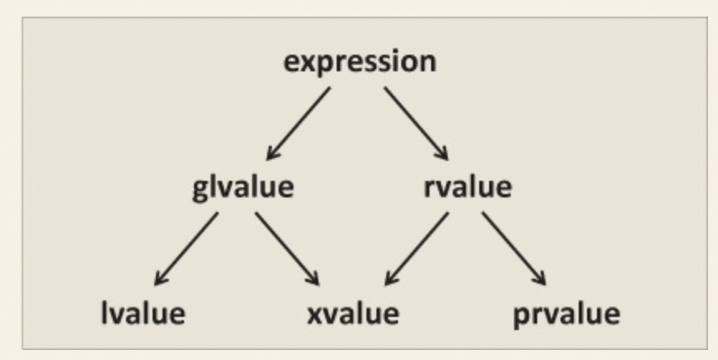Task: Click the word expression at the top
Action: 359,63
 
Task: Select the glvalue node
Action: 242,187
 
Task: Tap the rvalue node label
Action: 467,187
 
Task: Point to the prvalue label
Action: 565,314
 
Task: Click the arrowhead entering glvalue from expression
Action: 272,153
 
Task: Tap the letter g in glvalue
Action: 199,190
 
